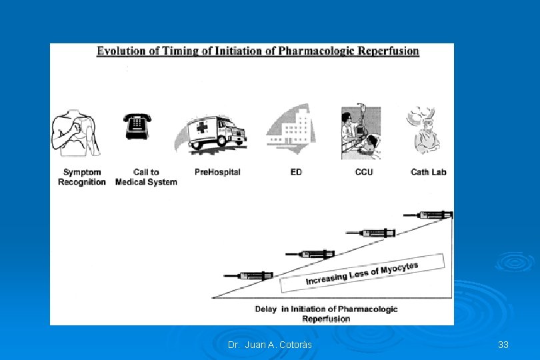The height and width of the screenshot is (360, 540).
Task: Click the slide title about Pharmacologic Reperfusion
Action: (x=258, y=51)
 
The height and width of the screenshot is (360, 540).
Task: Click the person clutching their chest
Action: (x=75, y=133)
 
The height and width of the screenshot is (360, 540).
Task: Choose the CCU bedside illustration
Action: (x=361, y=133)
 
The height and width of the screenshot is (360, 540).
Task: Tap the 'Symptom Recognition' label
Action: (x=81, y=177)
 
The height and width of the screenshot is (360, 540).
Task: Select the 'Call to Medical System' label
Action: (x=146, y=177)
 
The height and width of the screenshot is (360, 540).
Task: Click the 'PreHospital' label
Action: (x=217, y=172)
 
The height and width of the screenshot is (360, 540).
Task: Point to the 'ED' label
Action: (x=296, y=172)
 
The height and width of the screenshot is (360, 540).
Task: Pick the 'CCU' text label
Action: (x=364, y=172)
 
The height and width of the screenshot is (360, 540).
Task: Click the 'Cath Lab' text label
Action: (x=428, y=172)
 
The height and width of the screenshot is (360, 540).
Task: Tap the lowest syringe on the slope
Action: (x=249, y=275)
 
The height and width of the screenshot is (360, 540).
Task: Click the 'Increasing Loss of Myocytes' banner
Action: (x=362, y=273)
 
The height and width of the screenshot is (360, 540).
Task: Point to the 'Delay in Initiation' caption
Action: (x=326, y=313)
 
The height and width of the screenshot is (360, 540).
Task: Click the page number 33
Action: (x=503, y=345)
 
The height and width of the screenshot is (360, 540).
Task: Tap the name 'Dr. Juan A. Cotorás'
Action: (x=269, y=345)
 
